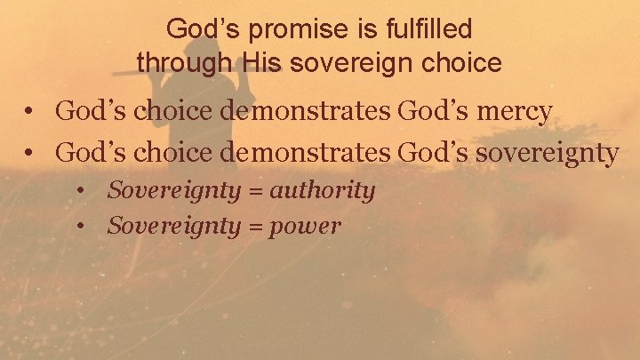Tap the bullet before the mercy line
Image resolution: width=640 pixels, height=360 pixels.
(x=30, y=113)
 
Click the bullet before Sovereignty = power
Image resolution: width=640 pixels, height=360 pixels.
(x=82, y=227)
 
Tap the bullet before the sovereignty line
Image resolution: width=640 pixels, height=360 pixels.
(x=30, y=154)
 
